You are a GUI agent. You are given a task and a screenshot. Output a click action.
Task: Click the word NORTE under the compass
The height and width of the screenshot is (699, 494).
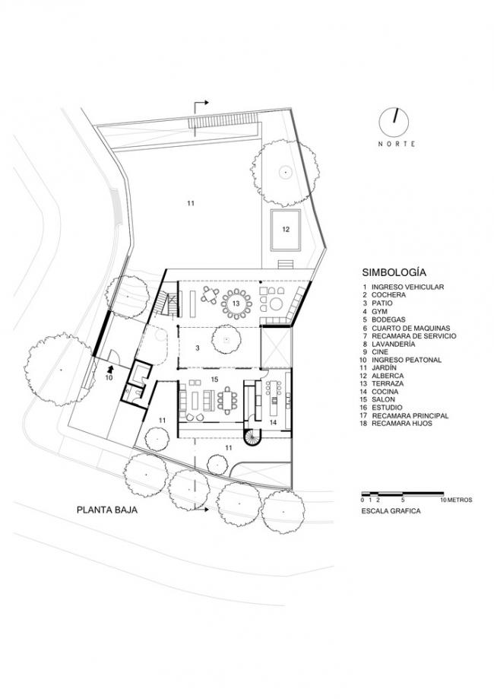click(x=397, y=144)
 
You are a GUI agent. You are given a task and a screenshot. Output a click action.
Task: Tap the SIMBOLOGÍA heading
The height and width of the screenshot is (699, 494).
click(x=394, y=272)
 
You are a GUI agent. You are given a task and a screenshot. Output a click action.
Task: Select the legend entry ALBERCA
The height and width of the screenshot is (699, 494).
click(x=388, y=376)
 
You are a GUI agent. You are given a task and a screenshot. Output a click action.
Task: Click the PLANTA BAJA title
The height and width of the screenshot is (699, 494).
click(x=107, y=510)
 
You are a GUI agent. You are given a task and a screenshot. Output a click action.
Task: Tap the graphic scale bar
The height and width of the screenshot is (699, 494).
click(x=402, y=494)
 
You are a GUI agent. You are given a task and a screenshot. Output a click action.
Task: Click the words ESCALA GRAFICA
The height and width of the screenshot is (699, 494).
click(x=391, y=511)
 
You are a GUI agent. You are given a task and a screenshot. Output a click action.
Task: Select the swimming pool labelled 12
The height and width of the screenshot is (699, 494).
click(x=286, y=230)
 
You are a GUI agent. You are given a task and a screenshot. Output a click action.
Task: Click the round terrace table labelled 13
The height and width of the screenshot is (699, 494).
click(x=236, y=303)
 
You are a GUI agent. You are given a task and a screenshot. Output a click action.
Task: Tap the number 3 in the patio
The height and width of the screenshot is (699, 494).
click(x=198, y=348)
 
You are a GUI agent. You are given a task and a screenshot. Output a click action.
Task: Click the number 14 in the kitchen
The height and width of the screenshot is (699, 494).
click(x=273, y=421)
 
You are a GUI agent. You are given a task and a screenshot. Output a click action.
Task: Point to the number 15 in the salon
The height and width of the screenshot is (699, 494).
click(x=215, y=380)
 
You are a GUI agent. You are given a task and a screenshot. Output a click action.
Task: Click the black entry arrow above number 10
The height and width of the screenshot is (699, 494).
click(x=109, y=369)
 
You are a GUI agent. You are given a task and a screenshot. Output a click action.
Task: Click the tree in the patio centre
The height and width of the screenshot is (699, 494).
click(x=226, y=340)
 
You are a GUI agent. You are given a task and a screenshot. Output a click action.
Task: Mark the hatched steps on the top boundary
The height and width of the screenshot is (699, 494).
click(x=223, y=121)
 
